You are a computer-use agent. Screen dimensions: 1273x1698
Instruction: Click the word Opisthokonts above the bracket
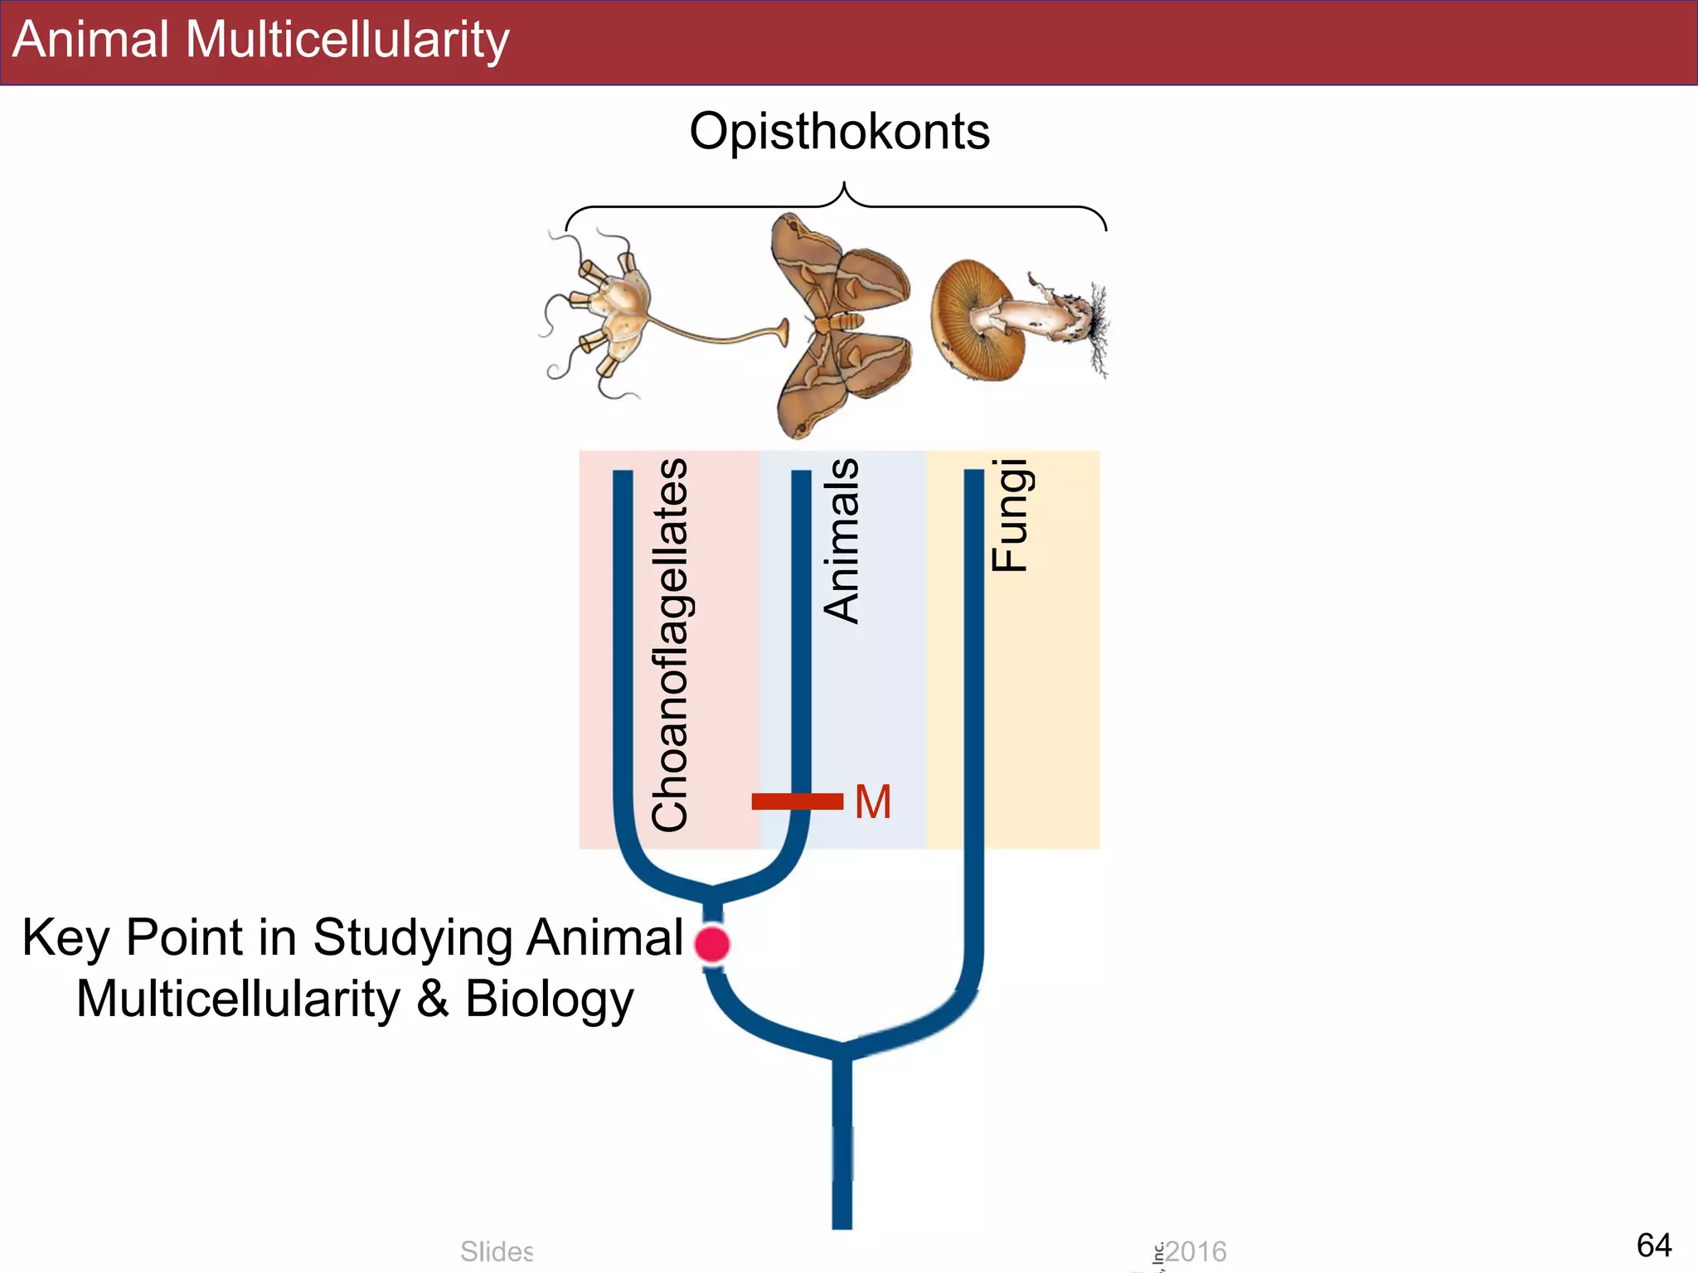coord(839,132)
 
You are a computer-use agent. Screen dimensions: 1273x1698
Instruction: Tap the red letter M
coord(873,802)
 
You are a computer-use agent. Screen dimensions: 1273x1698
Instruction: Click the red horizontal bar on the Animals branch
coord(797,801)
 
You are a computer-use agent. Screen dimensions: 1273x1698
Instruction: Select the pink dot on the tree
coord(712,944)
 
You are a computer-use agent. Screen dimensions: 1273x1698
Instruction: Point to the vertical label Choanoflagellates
coord(670,645)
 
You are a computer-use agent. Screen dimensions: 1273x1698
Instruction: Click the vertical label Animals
coord(842,540)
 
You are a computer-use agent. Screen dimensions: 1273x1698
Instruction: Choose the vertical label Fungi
coord(1010,515)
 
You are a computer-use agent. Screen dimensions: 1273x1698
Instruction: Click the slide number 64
coord(1653,1245)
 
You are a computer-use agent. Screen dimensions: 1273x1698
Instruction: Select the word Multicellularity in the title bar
coord(347,40)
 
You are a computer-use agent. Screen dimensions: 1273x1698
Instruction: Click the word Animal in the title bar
coord(90,40)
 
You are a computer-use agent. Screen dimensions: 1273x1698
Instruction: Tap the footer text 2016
coord(1196,1251)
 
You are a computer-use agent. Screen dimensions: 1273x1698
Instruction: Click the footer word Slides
coord(497,1251)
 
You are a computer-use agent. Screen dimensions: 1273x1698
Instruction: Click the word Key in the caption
coord(65,938)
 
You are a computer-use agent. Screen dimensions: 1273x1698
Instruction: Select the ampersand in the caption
coord(433,999)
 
